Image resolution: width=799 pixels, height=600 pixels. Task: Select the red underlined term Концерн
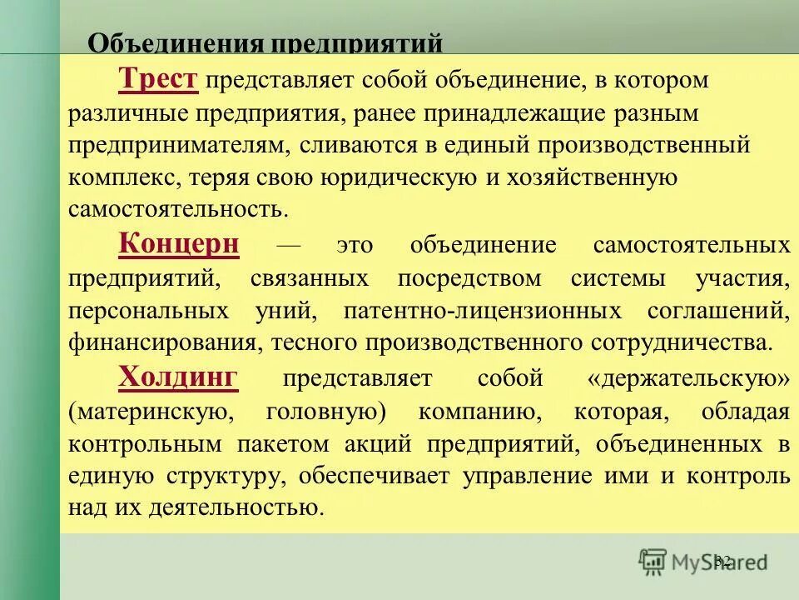tap(179, 244)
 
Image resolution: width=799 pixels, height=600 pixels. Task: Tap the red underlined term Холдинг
tap(179, 377)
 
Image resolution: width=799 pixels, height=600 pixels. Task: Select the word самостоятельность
tap(178, 210)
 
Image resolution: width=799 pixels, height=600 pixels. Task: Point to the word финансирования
tap(161, 342)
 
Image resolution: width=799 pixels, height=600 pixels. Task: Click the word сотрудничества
tap(681, 342)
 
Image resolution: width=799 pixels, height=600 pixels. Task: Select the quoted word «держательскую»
tap(687, 378)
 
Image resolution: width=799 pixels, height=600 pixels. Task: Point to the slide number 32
tap(722, 560)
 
